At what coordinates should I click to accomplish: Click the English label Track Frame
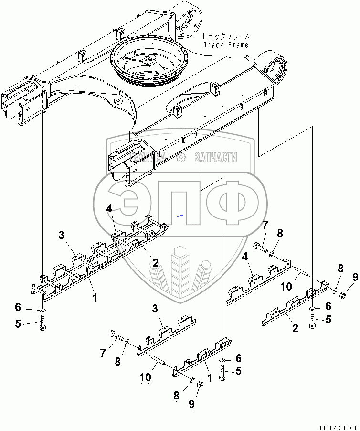pyautogui.click(x=226, y=45)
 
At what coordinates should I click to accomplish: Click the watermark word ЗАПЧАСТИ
pyautogui.click(x=216, y=157)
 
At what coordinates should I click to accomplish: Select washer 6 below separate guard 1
pyautogui.click(x=223, y=359)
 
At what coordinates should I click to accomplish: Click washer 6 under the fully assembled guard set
pyautogui.click(x=42, y=311)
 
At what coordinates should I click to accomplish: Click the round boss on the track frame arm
pyautogui.click(x=117, y=102)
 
